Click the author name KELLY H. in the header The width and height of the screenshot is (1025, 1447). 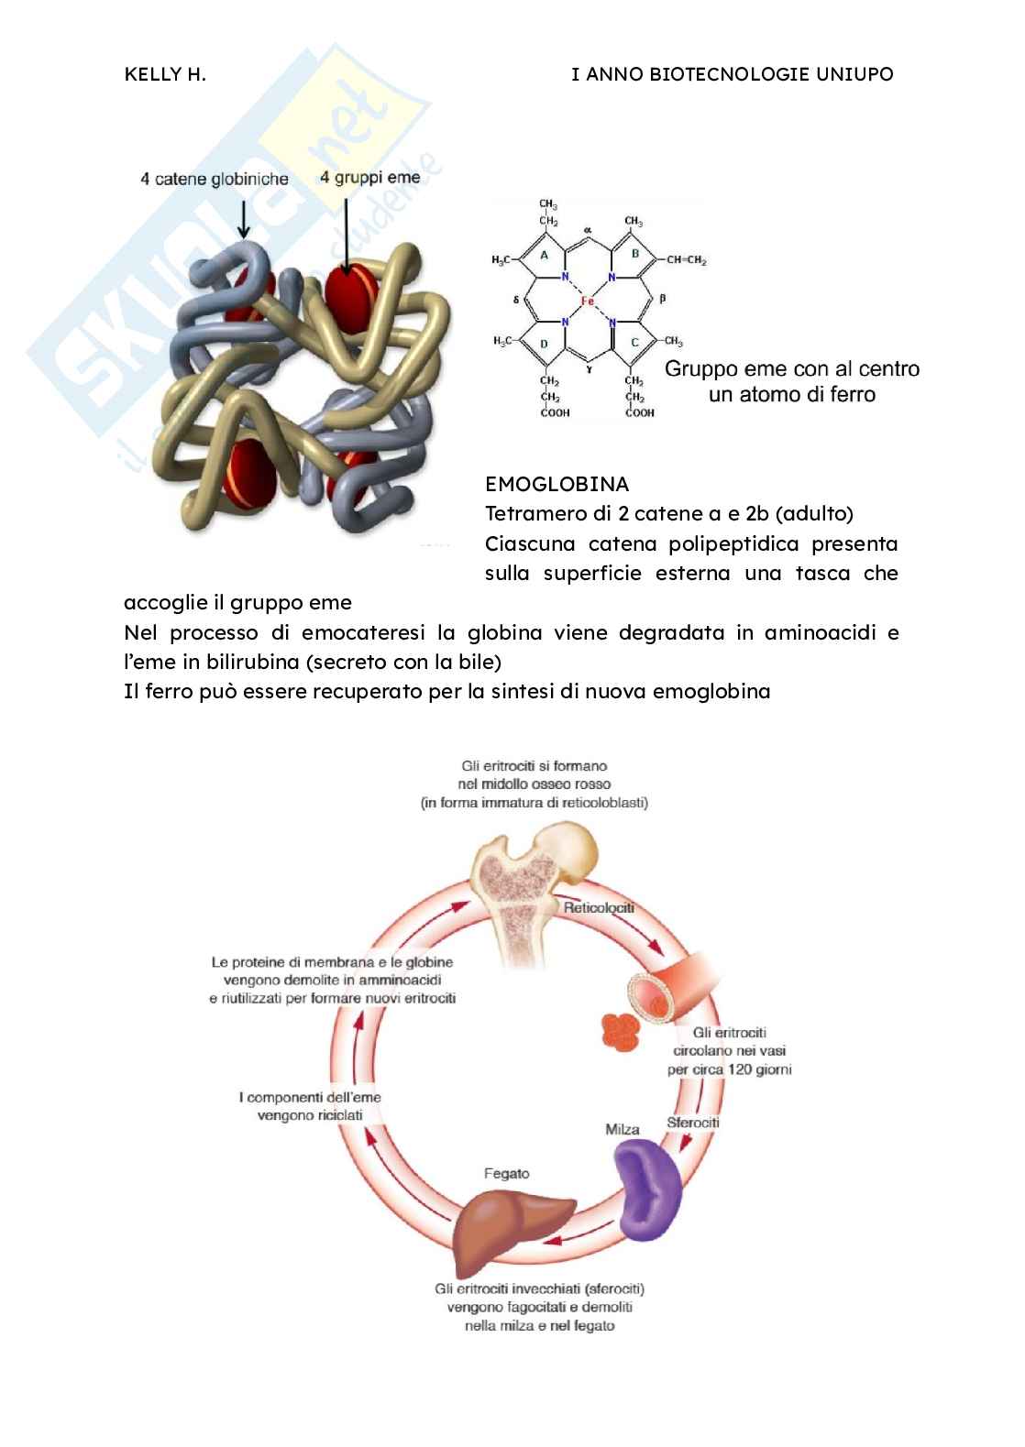point(165,75)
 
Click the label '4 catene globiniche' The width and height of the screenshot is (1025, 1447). point(215,180)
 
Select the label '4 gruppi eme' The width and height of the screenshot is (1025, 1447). point(369,178)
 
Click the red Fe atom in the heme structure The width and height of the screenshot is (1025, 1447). point(588,301)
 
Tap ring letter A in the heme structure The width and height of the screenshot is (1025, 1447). point(544,257)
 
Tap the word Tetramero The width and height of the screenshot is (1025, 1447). point(530,514)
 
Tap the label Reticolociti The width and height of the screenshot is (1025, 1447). point(599,908)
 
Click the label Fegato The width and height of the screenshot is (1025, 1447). point(506,1174)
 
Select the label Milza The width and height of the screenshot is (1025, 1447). point(623,1129)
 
